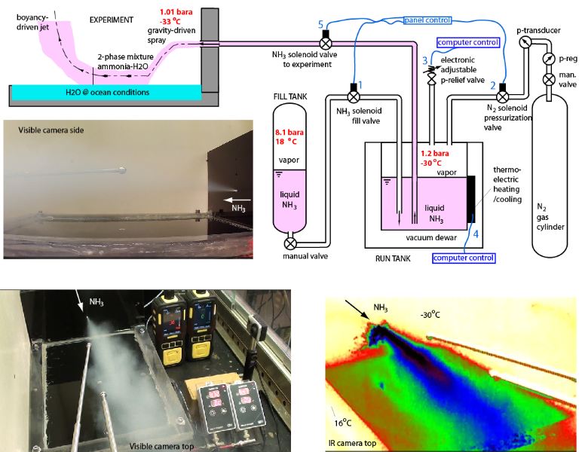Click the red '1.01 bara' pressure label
pyautogui.click(x=176, y=11)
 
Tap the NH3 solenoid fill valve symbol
pyautogui.click(x=353, y=96)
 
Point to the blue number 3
pyautogui.click(x=425, y=60)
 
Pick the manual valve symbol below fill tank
pyautogui.click(x=291, y=244)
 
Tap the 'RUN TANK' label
pyautogui.click(x=392, y=257)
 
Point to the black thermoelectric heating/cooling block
pyautogui.click(x=471, y=197)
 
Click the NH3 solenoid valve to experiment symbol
pyautogui.click(x=325, y=44)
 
